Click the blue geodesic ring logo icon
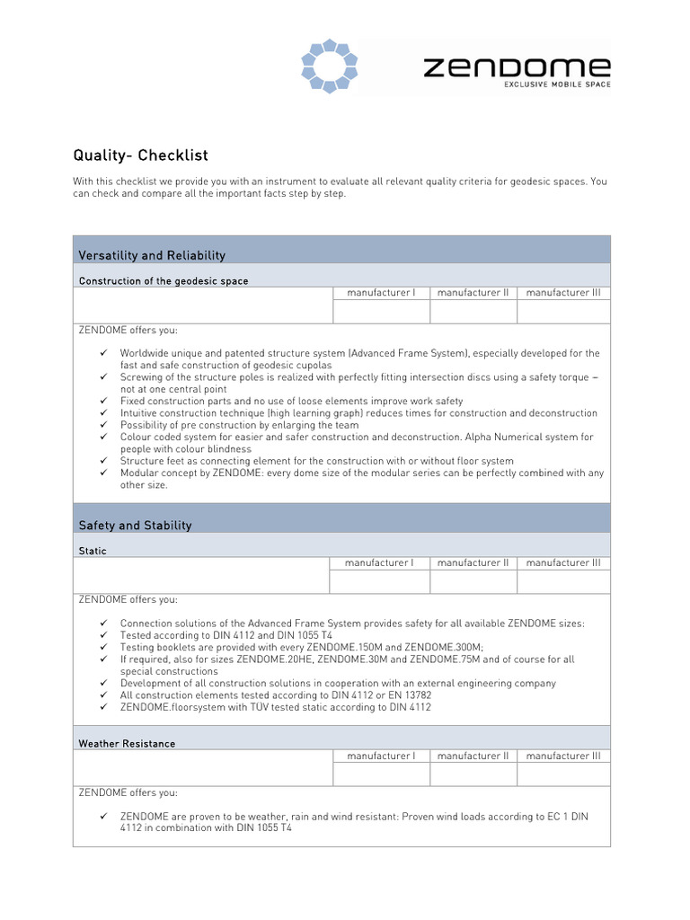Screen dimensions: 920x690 tap(329, 66)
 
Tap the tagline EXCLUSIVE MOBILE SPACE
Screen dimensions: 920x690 tap(557, 85)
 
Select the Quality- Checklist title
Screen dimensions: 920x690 tap(140, 155)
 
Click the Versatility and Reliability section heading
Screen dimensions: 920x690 tap(152, 256)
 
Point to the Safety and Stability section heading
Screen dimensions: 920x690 tap(135, 526)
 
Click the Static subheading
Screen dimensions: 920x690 tap(93, 551)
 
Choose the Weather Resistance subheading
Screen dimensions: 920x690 tap(127, 744)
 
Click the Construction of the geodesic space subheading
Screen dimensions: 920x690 tap(164, 281)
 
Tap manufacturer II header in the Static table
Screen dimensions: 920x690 tap(473, 563)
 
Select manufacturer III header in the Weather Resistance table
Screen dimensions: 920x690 tap(563, 756)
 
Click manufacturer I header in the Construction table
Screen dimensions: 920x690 tap(381, 293)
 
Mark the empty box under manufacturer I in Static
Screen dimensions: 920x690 tap(380, 582)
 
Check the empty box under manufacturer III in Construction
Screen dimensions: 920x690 tap(563, 312)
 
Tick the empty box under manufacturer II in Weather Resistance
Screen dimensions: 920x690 tap(473, 774)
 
